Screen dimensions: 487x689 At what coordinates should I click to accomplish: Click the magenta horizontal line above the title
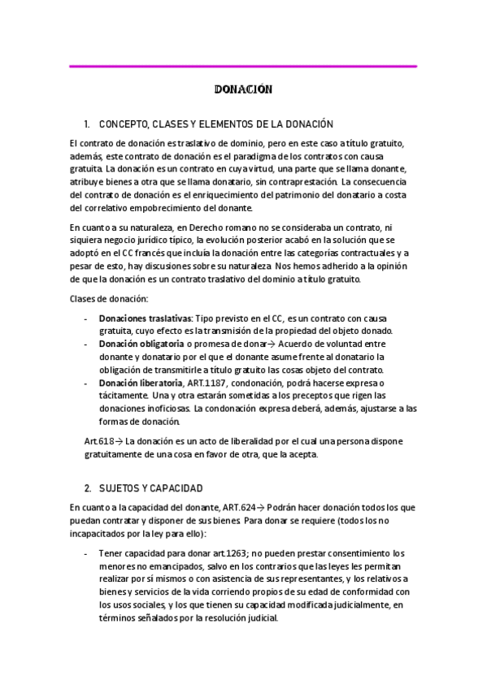point(243,66)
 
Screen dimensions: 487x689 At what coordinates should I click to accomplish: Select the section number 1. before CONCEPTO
point(87,124)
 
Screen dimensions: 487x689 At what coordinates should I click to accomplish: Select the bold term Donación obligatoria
point(139,343)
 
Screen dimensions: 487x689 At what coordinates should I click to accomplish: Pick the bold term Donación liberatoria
point(141,383)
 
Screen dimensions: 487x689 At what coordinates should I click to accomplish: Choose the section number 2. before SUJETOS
point(87,488)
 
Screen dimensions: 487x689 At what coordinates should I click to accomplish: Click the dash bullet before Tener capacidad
point(86,552)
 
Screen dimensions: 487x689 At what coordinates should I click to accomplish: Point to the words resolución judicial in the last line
point(242,617)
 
